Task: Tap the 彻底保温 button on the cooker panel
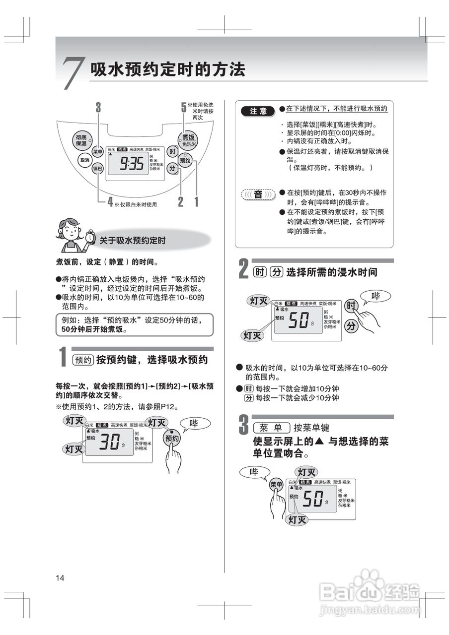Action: pos(81,139)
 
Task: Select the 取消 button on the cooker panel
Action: pos(84,161)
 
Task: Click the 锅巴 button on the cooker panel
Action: pos(97,169)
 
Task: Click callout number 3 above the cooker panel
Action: pos(98,107)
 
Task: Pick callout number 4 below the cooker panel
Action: pos(110,201)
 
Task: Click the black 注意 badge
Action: pos(258,111)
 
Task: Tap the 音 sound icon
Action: pos(258,194)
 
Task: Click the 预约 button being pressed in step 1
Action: pos(172,439)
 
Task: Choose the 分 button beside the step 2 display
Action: pos(351,326)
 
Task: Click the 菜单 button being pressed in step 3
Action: pos(276,485)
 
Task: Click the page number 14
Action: pos(60,577)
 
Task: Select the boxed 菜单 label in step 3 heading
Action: pos(271,428)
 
